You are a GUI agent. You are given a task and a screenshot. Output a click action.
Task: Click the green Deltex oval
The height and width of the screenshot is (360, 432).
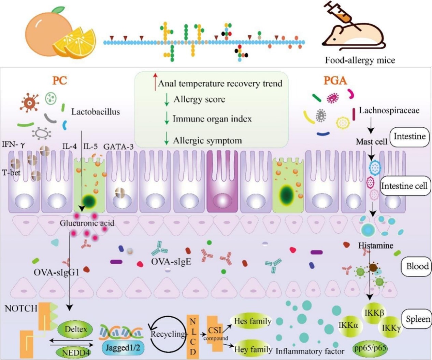click(x=75, y=330)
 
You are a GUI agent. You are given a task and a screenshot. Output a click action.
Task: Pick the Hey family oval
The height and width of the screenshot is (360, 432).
click(x=253, y=349)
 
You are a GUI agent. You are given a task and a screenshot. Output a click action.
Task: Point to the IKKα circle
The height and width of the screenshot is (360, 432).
click(x=348, y=325)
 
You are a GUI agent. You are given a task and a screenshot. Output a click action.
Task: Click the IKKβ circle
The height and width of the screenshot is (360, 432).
click(x=374, y=313)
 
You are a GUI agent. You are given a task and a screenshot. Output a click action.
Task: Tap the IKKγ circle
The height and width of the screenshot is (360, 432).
click(x=391, y=328)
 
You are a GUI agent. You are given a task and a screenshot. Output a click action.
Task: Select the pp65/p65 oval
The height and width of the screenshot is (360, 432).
click(x=370, y=348)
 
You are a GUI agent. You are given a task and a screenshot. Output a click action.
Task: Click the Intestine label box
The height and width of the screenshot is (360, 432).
click(x=409, y=137)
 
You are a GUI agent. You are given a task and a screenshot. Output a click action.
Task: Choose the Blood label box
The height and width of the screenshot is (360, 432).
click(x=417, y=266)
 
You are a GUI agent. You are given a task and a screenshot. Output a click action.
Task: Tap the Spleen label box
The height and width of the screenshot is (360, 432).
click(x=417, y=319)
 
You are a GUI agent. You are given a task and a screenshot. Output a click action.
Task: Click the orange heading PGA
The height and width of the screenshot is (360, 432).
click(x=335, y=81)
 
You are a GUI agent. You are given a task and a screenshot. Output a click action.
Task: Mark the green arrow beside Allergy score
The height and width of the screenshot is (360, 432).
click(x=167, y=99)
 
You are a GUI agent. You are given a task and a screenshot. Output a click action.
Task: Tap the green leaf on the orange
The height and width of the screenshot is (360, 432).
click(x=59, y=10)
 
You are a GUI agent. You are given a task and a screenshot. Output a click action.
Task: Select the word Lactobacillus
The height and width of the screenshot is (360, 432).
click(x=96, y=112)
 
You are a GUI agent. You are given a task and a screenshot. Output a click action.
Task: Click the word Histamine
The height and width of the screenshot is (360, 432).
click(x=375, y=245)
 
